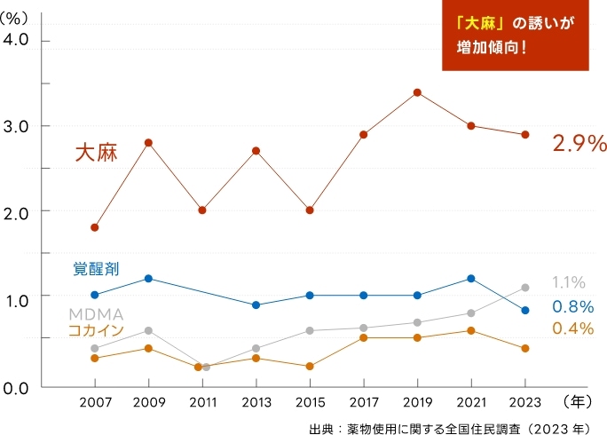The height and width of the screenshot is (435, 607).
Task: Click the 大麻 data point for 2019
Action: [x=417, y=92]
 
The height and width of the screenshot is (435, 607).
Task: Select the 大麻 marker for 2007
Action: [x=95, y=227]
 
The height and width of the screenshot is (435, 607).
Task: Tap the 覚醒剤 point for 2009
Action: [x=149, y=279]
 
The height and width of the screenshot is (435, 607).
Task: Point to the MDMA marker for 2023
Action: [x=525, y=288]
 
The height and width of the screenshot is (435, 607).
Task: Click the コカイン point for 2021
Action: [x=471, y=330]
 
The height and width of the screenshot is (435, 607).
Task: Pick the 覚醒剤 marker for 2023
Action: [x=525, y=310]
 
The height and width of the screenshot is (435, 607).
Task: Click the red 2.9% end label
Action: [x=579, y=143]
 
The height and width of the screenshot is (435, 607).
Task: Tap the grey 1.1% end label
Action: [x=568, y=282]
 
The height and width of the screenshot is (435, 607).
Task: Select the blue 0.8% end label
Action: [x=572, y=306]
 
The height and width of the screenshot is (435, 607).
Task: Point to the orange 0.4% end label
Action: [x=572, y=328]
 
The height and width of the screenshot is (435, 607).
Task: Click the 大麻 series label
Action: [x=96, y=152]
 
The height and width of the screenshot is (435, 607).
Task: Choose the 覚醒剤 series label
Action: [x=96, y=267]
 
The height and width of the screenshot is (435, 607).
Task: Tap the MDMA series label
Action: [x=96, y=315]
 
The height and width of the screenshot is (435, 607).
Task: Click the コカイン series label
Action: [x=96, y=331]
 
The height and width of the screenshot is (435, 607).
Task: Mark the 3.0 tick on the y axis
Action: [x=17, y=126]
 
